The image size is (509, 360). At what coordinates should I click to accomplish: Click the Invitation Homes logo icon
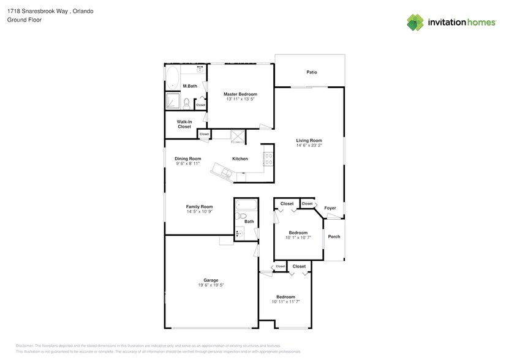click(415, 22)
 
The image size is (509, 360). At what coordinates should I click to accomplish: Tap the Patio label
click(312, 72)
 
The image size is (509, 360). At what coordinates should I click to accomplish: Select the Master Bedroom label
click(240, 94)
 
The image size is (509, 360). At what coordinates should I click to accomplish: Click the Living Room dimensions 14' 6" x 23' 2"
click(309, 146)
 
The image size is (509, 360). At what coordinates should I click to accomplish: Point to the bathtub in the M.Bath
click(172, 78)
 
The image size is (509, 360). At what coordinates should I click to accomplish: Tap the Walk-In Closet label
click(184, 124)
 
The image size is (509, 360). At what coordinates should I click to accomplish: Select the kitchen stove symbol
click(268, 159)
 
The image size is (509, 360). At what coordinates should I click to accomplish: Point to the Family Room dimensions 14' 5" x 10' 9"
click(199, 212)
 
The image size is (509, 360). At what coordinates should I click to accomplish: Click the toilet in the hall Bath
click(242, 217)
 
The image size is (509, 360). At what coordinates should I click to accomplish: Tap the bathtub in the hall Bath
click(244, 204)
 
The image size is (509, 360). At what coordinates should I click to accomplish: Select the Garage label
click(211, 280)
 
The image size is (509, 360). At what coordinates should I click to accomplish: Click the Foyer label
click(330, 208)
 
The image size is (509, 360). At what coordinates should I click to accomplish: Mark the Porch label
click(334, 237)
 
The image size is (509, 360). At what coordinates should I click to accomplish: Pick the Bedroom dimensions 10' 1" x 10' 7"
click(298, 238)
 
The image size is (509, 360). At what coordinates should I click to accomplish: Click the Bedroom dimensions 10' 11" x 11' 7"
click(285, 302)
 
